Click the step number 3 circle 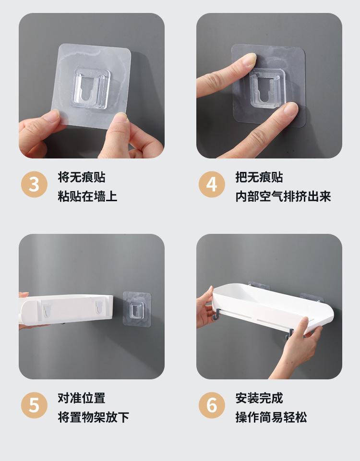point(34,184)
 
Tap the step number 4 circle point(212,184)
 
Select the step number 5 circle point(34,405)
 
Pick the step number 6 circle point(212,405)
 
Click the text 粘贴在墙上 point(87,196)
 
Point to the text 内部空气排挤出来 point(283,196)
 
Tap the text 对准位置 point(82,398)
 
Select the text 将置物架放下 point(94,417)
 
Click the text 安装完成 point(259,398)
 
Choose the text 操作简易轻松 point(271,417)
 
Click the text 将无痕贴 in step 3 point(82,177)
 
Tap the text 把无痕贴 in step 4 point(259,177)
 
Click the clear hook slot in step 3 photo point(91,88)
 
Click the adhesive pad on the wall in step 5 point(137,309)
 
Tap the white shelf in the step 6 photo point(273,308)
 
